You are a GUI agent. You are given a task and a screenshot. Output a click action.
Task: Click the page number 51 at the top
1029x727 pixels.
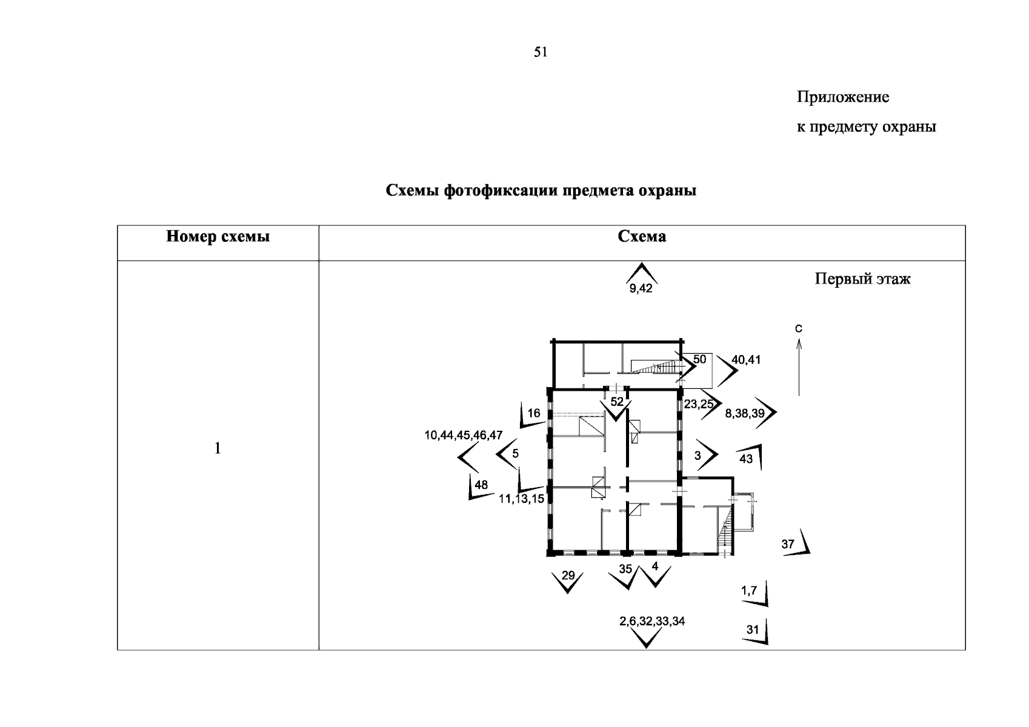coord(541,52)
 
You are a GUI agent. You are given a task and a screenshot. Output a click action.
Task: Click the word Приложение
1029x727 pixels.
coord(842,97)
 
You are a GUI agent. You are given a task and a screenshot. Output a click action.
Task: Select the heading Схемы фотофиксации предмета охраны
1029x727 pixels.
coord(541,191)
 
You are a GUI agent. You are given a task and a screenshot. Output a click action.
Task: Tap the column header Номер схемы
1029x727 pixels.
coord(218,236)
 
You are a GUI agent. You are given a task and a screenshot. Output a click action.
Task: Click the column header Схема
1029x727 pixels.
coord(642,236)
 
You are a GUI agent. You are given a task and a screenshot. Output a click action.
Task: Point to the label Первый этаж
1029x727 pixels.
coord(862,279)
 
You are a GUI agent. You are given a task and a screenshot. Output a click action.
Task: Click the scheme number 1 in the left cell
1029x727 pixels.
coord(218,448)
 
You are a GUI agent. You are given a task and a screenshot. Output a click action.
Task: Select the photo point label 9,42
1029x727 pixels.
coord(641,288)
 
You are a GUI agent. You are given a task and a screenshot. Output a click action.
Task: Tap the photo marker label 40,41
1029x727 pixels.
coord(746,360)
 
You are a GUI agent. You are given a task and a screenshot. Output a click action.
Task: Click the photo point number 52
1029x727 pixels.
coord(617,402)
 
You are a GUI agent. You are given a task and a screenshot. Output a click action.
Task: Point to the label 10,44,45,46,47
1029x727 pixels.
coord(464,435)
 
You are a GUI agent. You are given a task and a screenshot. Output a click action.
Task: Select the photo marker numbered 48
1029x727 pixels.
coord(481,485)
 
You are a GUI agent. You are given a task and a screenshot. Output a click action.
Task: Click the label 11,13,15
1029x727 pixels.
coord(521,499)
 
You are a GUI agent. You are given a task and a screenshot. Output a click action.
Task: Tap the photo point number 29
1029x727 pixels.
coord(568,575)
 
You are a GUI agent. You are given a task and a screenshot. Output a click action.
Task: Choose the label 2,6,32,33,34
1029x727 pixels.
coord(652,621)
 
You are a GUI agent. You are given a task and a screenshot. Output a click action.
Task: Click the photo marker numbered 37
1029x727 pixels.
coord(788,544)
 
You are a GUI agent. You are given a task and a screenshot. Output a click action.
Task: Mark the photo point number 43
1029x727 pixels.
coord(746,459)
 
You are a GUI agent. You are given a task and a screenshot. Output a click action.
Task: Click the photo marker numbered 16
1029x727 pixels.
coord(533,414)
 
